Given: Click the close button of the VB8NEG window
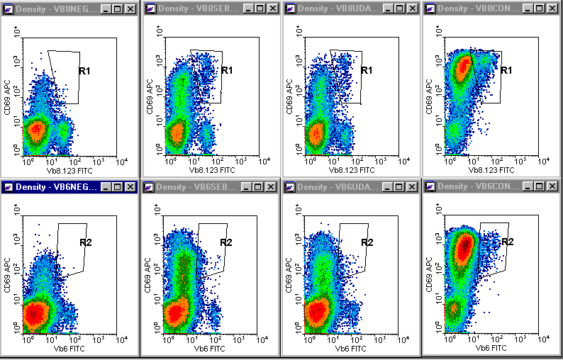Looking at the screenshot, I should click(x=130, y=9).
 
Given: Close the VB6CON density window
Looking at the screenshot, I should click(x=550, y=186).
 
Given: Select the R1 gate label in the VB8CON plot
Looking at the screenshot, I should click(x=506, y=70).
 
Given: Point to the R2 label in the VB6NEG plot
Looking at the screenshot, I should click(x=87, y=242).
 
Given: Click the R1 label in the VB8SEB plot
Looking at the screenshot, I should click(x=227, y=70).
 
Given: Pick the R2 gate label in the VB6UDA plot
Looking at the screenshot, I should click(x=367, y=242).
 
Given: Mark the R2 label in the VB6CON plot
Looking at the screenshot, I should click(x=508, y=242).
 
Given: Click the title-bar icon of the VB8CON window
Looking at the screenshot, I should click(x=430, y=9).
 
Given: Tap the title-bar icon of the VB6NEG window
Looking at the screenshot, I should click(x=9, y=186).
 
